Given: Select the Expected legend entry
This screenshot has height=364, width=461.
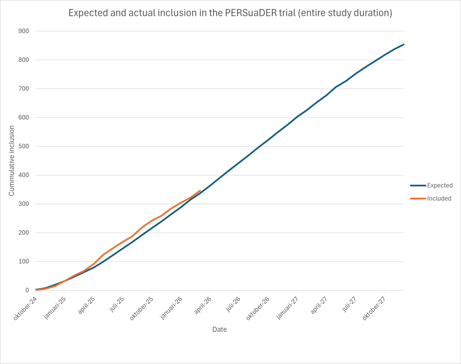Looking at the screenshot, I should [x=439, y=185].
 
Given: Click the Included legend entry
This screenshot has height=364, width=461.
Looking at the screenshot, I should [x=439, y=198].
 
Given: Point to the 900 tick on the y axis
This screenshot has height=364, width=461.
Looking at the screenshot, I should [x=24, y=31].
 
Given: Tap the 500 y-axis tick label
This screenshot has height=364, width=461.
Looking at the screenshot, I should [x=24, y=146].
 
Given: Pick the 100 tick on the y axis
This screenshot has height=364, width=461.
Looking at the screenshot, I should [x=24, y=262].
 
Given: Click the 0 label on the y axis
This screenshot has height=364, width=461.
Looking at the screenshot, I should [x=27, y=290].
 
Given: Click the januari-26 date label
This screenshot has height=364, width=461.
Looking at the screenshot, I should [x=171, y=308].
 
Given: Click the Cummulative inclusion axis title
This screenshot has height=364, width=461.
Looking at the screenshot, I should [x=12, y=161].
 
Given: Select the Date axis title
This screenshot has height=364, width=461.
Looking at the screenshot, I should [x=219, y=329].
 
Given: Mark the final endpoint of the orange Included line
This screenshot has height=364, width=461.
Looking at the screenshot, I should [x=200, y=190].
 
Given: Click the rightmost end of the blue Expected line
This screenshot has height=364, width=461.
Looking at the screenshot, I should [x=404, y=44].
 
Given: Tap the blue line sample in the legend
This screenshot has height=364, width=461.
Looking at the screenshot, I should [x=418, y=185].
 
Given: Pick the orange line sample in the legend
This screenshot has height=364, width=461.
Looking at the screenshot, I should [x=418, y=198].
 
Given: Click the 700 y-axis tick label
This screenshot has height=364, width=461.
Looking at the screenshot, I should [x=24, y=89].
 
